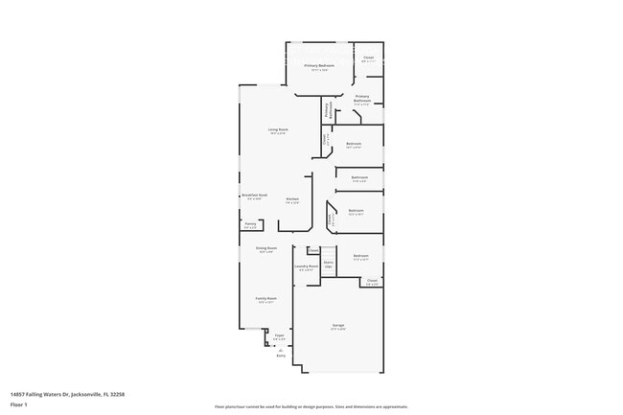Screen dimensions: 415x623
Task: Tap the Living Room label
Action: click(x=278, y=129)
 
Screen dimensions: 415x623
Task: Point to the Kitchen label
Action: click(x=292, y=199)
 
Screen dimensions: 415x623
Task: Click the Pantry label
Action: click(x=250, y=225)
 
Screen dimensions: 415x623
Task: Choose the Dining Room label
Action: click(x=265, y=249)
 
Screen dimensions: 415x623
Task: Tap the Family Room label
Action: click(x=265, y=299)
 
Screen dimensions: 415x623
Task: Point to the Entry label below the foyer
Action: click(x=281, y=356)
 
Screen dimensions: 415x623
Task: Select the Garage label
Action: click(x=338, y=326)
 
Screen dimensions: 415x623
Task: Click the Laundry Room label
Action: click(x=308, y=267)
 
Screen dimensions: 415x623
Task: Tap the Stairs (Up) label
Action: click(x=328, y=263)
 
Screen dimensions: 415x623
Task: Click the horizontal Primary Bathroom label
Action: click(x=362, y=98)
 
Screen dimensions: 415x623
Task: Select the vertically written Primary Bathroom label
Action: click(x=327, y=111)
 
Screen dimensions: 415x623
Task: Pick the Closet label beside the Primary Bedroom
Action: click(x=368, y=58)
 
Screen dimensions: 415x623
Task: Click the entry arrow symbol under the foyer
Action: click(x=280, y=348)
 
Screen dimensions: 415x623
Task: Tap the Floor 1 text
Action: click(x=18, y=403)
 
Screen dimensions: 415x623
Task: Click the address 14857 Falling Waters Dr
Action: click(x=67, y=393)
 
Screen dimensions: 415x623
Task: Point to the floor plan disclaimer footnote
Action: click(x=311, y=406)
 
